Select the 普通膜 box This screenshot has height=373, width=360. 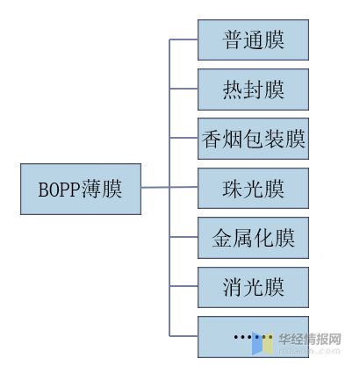click(253, 40)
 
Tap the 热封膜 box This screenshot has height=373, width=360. click(253, 90)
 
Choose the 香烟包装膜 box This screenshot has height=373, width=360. click(253, 139)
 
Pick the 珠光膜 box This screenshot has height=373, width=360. click(253, 188)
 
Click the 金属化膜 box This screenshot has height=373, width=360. click(253, 237)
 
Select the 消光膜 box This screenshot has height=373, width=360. click(253, 286)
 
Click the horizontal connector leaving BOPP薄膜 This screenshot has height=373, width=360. click(155, 188)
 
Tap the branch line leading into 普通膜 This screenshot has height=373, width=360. click(184, 40)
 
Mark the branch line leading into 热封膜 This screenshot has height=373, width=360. click(184, 90)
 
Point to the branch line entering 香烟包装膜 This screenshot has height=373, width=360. click(184, 139)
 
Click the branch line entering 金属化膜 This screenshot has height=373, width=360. click(184, 237)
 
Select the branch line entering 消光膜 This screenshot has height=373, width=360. click(184, 286)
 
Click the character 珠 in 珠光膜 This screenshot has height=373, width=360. click(233, 189)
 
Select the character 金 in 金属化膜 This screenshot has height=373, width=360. click(222, 238)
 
